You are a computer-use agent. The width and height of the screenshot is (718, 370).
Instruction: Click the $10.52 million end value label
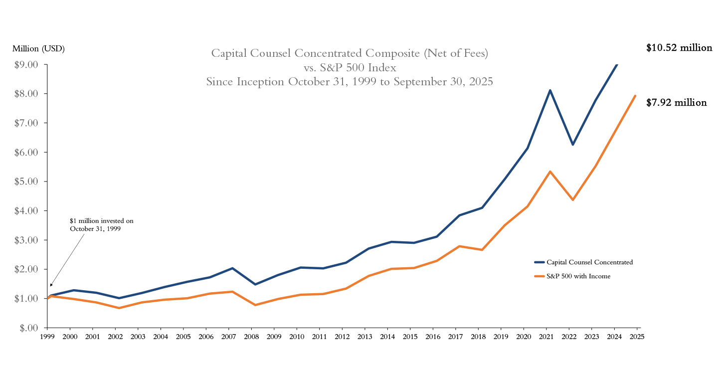pos(679,48)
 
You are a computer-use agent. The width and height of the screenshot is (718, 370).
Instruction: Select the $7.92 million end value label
pos(676,103)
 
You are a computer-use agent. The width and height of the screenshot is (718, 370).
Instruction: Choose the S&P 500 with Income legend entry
pos(578,276)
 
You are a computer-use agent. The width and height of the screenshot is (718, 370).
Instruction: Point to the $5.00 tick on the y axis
pos(24,182)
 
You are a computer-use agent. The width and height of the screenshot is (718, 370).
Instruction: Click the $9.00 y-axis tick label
pos(24,64)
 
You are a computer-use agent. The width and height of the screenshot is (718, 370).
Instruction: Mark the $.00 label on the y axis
pos(28,328)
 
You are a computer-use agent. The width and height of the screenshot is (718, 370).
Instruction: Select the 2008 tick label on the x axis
pos(251,337)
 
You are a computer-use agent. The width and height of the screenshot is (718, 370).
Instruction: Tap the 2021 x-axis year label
pos(546,337)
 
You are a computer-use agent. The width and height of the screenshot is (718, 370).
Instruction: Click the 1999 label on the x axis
pos(47,337)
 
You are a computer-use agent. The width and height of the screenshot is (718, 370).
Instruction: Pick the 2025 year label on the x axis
pos(637,337)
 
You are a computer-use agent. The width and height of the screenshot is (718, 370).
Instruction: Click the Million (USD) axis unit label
pos(38,48)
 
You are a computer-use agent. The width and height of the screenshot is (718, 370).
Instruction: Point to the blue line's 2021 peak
pos(550,90)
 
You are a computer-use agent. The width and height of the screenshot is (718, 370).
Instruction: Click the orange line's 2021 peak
pos(550,172)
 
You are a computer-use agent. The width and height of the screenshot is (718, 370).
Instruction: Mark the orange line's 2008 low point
pos(255,305)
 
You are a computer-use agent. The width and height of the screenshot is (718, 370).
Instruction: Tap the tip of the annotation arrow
pos(50,287)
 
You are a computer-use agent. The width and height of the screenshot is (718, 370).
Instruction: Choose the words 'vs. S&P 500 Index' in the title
pos(350,67)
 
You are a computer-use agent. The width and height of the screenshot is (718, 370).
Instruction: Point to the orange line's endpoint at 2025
pos(635,96)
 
